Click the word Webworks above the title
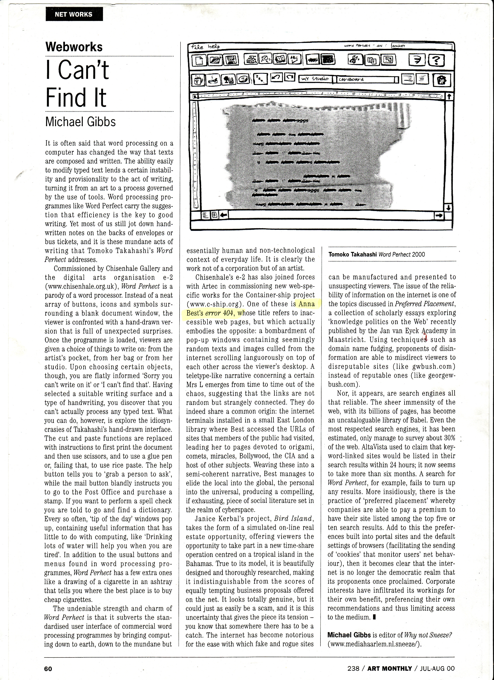tap(74, 47)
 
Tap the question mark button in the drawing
tap(437, 61)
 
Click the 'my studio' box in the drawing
tap(314, 79)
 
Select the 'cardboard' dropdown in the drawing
tap(365, 79)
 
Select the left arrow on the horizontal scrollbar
tap(224, 215)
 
